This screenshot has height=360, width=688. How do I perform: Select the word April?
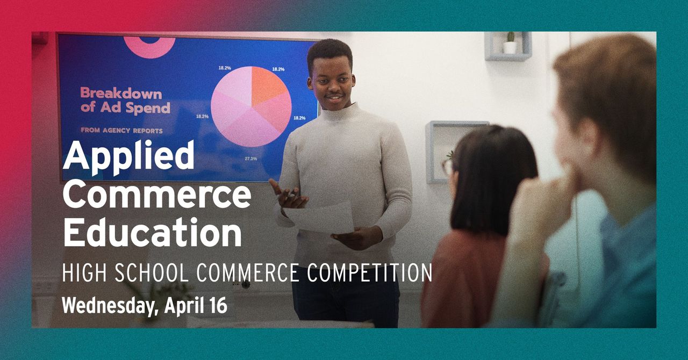coord(183,305)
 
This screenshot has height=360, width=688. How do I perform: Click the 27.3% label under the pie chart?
coord(250,159)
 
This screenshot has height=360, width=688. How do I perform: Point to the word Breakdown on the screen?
coord(121,93)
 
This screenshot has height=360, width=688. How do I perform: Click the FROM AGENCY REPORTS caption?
coord(121,130)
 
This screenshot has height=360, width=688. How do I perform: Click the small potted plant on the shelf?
coord(509,44)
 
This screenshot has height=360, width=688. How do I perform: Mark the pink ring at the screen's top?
coord(149,45)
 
